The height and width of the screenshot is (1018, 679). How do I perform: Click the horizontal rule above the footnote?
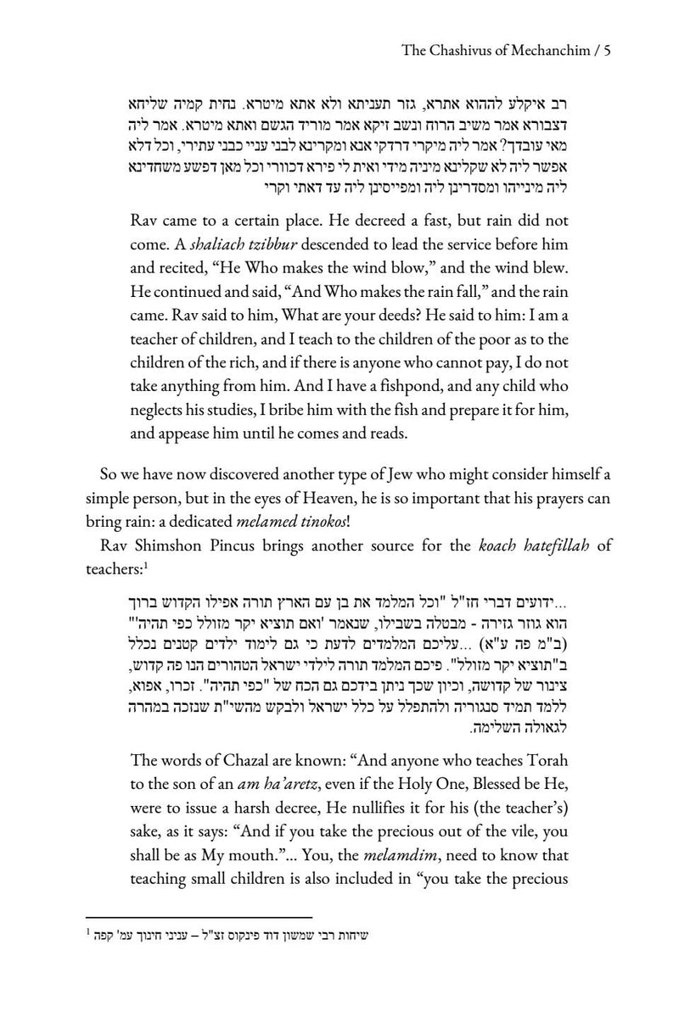pos(199,917)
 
